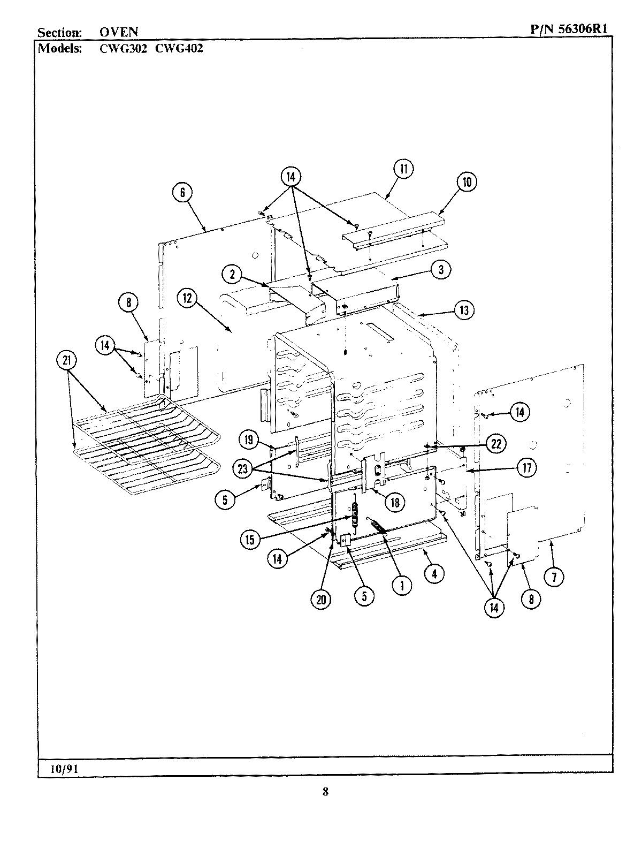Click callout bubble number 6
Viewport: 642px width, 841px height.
tap(182, 192)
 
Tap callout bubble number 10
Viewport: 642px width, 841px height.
tap(467, 182)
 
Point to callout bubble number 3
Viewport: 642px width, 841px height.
tap(441, 270)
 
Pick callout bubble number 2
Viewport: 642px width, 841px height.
tap(232, 275)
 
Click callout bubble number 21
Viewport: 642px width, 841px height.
tap(66, 361)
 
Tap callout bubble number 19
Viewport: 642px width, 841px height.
tap(248, 441)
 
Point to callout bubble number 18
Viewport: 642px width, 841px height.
tap(395, 502)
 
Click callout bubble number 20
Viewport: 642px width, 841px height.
tap(320, 600)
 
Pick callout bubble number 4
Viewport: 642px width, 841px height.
tap(434, 574)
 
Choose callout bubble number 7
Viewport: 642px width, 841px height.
tap(554, 577)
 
